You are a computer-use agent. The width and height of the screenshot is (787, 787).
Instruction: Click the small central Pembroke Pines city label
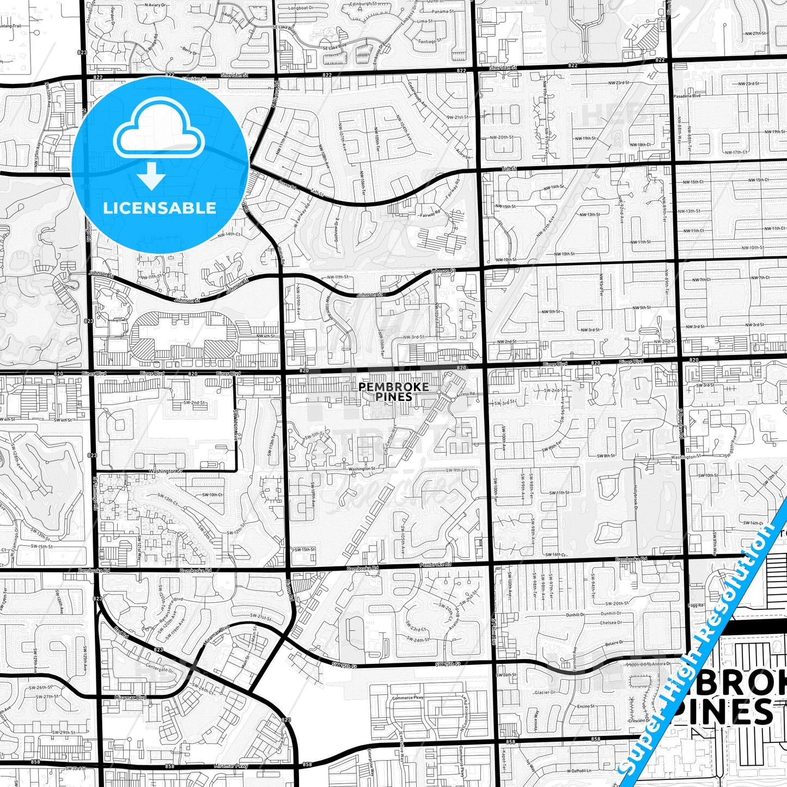click(x=393, y=392)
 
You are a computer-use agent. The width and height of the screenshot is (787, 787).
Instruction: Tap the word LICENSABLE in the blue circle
click(x=160, y=208)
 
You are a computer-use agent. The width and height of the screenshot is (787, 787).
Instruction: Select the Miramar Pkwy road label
click(x=231, y=765)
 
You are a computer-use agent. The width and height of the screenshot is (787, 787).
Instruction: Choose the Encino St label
click(x=586, y=706)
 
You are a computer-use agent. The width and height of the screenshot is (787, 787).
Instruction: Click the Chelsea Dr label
click(x=611, y=623)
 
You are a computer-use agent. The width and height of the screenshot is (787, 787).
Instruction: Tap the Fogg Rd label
click(x=696, y=605)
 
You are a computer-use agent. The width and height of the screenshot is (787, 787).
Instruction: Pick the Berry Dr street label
click(x=190, y=52)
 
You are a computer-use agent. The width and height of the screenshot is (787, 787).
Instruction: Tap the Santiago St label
click(x=425, y=41)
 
